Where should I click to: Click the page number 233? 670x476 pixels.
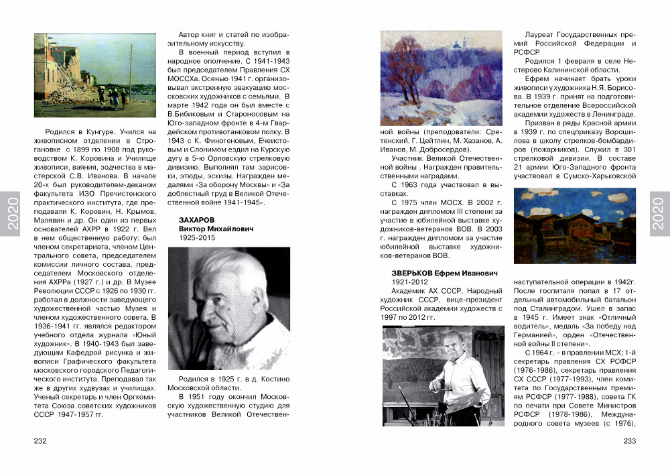629,440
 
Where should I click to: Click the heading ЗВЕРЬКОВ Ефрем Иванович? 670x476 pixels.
435,273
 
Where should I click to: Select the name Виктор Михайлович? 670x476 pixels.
216,229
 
